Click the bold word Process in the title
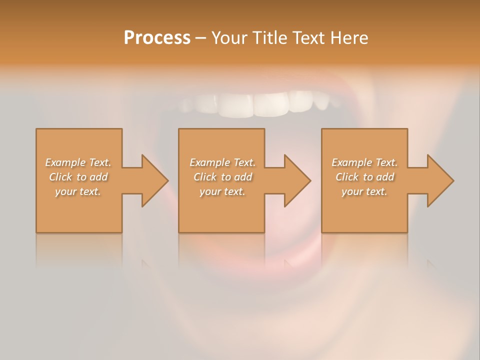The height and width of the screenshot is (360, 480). [157, 38]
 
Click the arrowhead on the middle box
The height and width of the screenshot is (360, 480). [297, 180]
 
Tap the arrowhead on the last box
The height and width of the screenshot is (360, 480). [440, 180]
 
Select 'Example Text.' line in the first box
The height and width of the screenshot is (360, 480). [78, 162]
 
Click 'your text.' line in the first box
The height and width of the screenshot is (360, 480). [78, 191]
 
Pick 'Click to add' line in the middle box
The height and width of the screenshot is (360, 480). [222, 177]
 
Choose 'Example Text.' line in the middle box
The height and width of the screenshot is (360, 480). [222, 162]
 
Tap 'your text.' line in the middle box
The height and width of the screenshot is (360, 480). [222, 191]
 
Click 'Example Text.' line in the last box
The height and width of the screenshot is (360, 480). [364, 162]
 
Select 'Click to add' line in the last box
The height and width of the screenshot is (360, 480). [364, 177]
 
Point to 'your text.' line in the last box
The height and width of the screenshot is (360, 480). [364, 191]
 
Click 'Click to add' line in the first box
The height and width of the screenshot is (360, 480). [78, 177]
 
